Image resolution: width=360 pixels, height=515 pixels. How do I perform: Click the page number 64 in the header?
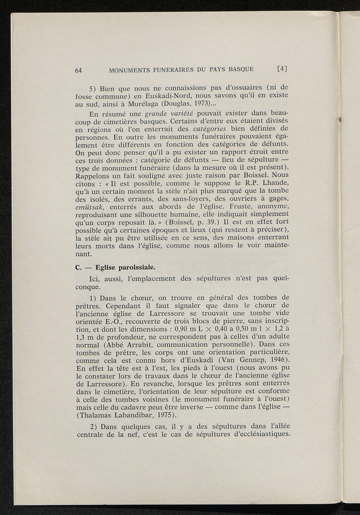[79, 70]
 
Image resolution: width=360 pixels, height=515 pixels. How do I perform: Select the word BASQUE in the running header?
[241, 69]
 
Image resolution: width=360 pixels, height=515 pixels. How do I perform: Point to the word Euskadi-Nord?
[164, 96]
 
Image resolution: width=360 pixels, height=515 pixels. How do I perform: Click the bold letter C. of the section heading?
[78, 267]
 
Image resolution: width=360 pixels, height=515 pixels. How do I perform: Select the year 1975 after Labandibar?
[166, 415]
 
